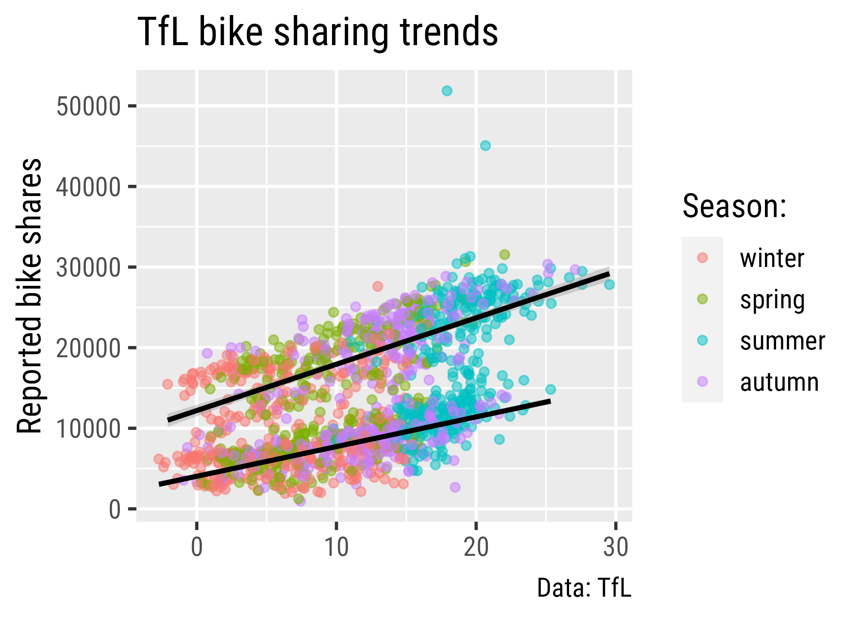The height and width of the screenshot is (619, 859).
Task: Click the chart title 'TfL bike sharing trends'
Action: pos(317,32)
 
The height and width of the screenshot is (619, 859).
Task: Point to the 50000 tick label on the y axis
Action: pos(88,106)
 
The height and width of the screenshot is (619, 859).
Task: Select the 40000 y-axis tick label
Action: pos(88,187)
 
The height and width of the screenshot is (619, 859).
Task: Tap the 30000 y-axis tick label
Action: pos(88,268)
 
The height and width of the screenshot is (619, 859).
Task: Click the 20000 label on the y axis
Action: pos(88,349)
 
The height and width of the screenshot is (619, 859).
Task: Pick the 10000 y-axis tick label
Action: pos(88,429)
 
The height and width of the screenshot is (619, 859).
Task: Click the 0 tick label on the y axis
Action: pos(115,510)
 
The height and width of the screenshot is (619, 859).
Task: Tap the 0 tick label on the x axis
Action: pos(196,548)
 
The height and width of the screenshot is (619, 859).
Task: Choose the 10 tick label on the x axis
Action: pos(336,548)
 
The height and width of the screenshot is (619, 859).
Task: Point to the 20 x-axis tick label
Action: pos(476,548)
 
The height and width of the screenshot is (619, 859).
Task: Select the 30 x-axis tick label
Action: pos(616,548)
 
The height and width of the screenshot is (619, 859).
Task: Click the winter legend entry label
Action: pos(772,258)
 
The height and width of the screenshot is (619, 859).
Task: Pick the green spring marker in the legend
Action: pos(703,299)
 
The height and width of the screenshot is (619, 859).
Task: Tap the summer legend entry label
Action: pos(783,341)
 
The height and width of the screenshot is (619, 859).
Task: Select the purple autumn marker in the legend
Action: pos(703,382)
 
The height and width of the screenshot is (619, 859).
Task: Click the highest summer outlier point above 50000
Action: pos(447,91)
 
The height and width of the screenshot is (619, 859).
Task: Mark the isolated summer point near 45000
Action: pos(485,146)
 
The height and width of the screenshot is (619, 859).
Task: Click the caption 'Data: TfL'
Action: pos(584,588)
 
